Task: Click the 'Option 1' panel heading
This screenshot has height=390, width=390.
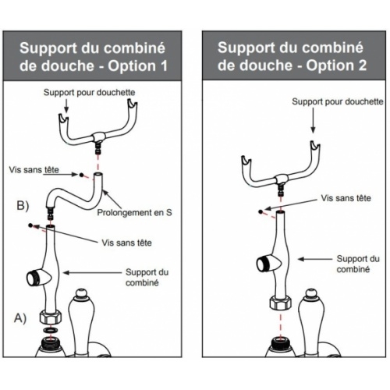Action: [x=92, y=57]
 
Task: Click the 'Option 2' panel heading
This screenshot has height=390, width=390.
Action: [x=292, y=56]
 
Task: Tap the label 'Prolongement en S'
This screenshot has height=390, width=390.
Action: [x=134, y=212]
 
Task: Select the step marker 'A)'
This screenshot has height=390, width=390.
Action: [x=20, y=317]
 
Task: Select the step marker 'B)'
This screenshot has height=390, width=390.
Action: [x=23, y=205]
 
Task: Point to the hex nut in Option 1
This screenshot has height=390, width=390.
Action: [x=51, y=317]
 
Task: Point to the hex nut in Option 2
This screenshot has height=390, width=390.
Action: [x=281, y=303]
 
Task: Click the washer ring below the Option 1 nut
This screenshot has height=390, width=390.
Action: [x=51, y=330]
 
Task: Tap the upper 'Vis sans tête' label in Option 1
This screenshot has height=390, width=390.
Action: [x=34, y=170]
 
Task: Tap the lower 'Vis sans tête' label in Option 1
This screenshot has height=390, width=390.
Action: [x=126, y=243]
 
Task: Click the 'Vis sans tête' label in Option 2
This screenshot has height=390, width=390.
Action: [x=346, y=198]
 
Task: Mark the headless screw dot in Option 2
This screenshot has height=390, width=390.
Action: [x=261, y=211]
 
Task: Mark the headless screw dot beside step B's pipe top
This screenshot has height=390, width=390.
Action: [x=81, y=175]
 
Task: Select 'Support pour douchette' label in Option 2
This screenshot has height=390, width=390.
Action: [x=338, y=101]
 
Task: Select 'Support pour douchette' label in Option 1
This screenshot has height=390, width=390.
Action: [x=89, y=92]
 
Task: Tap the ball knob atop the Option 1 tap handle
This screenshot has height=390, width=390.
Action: [x=82, y=293]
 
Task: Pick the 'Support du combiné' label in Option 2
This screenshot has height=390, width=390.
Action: [x=358, y=264]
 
